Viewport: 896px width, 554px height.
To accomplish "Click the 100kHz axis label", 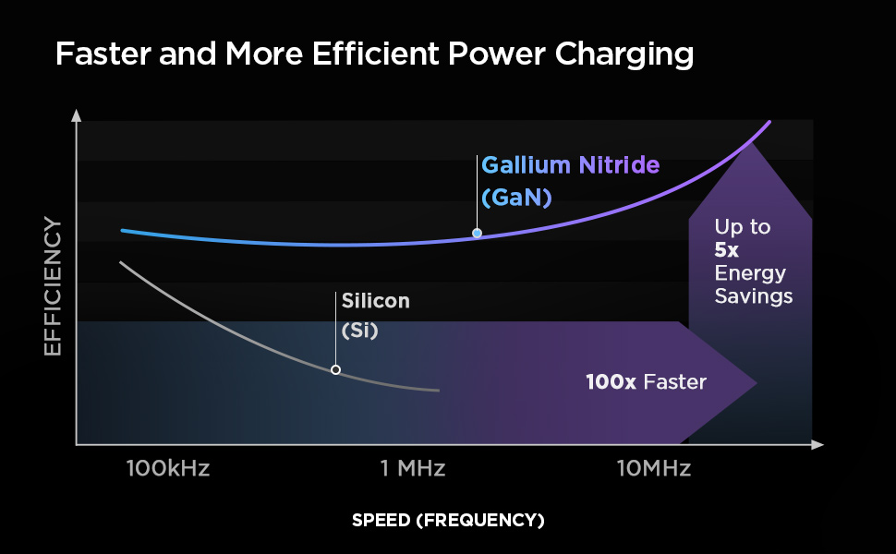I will (168, 468).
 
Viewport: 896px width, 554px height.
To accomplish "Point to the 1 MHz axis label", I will (412, 468).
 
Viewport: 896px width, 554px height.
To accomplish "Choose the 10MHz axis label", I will (654, 468).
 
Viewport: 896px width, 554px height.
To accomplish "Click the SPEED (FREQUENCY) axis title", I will (448, 521).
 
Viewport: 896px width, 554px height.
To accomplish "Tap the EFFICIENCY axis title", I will (53, 286).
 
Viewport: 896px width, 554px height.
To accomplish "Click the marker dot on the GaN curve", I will (477, 234).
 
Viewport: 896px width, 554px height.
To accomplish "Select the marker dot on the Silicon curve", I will (335, 369).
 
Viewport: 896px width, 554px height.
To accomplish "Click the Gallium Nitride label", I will (571, 166).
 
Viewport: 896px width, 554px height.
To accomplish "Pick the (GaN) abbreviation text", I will (515, 198).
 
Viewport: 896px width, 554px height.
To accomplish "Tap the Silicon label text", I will (375, 301).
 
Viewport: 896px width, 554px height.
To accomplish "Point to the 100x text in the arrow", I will (611, 381).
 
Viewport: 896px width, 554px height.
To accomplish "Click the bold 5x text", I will (726, 250).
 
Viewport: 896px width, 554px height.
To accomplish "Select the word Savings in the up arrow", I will (754, 296).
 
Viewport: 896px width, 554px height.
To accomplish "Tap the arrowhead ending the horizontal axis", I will (817, 445).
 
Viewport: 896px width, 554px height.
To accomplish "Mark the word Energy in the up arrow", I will (750, 273).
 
